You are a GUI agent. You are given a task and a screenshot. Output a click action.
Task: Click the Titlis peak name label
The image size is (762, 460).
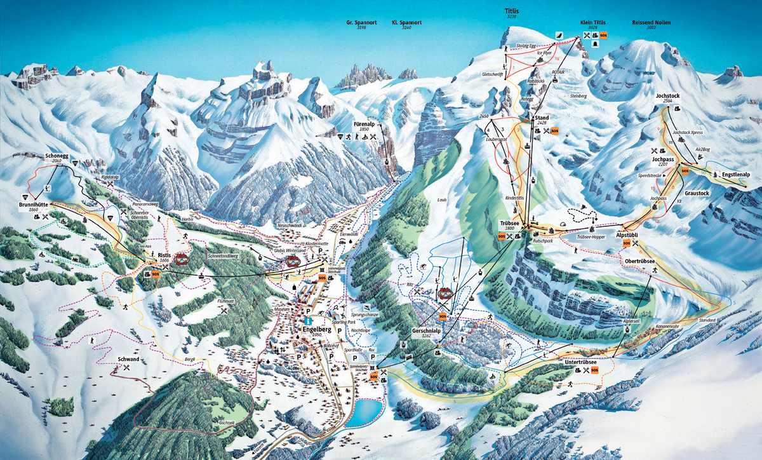(511, 11)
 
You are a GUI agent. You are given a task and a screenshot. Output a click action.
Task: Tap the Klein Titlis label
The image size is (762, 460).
(592, 22)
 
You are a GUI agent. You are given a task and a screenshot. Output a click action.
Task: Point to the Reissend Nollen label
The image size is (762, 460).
(652, 22)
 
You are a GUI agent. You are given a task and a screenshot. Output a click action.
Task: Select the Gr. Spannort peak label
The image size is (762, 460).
(361, 22)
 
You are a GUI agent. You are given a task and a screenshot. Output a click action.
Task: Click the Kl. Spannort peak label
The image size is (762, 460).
(406, 22)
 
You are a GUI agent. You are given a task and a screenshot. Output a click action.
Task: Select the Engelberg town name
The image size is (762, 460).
(318, 321)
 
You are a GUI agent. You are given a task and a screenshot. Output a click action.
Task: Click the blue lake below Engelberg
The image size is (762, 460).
(366, 412)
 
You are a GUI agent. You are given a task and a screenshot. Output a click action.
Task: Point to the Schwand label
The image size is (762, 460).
(128, 360)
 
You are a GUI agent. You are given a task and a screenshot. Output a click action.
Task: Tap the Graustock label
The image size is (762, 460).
(696, 193)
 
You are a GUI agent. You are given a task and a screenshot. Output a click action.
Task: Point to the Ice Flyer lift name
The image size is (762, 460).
(545, 53)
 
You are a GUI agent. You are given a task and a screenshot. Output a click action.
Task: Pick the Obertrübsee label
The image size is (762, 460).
(640, 261)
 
